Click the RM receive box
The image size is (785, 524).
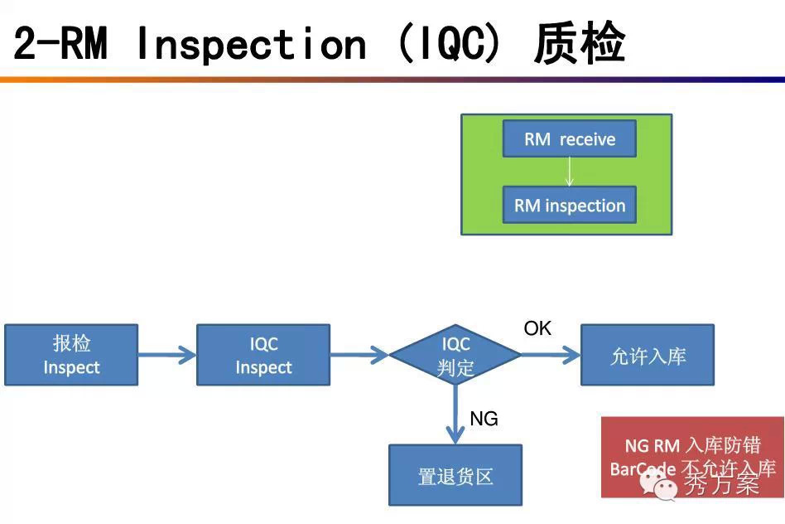tap(569, 138)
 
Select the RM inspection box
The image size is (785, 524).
tap(569, 205)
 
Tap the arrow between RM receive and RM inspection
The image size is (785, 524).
tap(569, 172)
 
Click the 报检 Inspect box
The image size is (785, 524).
tap(71, 355)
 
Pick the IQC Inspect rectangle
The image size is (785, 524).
tap(263, 355)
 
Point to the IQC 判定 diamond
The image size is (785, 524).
tap(455, 355)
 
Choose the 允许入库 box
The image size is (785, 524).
tap(648, 355)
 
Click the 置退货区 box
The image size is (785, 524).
tap(455, 475)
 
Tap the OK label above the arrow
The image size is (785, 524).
tap(537, 329)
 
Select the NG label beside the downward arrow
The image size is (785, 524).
tap(484, 420)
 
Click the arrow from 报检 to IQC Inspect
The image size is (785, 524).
tap(166, 355)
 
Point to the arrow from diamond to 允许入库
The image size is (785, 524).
tap(551, 355)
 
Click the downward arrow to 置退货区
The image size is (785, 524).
tap(455, 415)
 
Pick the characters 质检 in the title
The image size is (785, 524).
tap(579, 43)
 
